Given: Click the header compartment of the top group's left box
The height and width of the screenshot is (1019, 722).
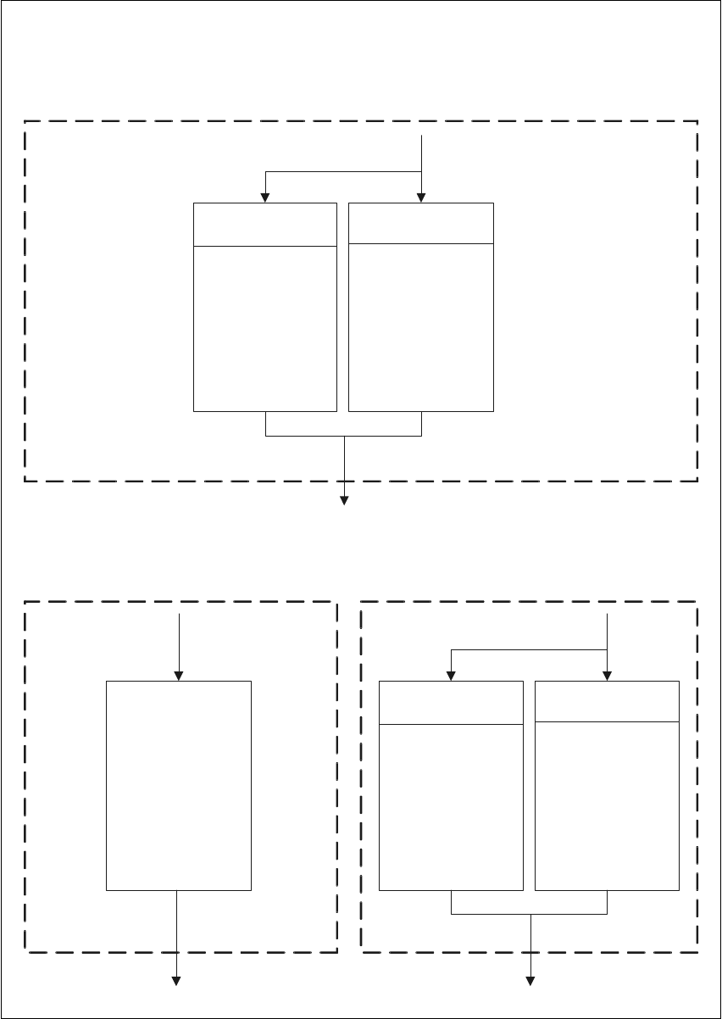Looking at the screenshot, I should pos(265,225).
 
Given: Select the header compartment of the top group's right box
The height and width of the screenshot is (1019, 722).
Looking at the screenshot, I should pos(421,223).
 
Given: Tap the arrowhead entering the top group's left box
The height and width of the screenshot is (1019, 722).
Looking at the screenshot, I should pos(266,198).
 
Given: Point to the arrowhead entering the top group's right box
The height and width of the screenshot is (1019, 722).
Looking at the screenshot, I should pos(421,198).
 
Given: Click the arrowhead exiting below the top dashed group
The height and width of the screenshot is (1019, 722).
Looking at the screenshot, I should pos(344,500).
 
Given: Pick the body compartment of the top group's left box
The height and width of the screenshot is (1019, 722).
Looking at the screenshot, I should pos(265,328).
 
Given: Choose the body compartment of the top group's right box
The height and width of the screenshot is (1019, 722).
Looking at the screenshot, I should pos(421,326).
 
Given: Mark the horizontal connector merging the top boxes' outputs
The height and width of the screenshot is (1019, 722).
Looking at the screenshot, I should pos(344,436).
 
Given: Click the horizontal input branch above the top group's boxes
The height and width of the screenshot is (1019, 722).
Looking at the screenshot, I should pos(344,172).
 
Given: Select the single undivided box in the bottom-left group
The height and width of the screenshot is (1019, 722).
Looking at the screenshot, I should pos(179,784).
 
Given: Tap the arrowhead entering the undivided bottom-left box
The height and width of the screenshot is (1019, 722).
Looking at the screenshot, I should pos(179,676).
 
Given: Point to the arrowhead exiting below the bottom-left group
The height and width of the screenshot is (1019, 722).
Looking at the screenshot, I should pos(178,981).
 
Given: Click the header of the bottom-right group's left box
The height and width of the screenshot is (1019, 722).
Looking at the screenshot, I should pos(450,702).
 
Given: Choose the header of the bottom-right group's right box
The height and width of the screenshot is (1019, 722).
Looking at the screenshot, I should pos(607,700).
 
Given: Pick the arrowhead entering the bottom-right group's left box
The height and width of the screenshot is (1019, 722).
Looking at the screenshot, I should pos(451,676).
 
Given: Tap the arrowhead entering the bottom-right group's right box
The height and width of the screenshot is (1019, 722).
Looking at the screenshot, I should pos(608,676).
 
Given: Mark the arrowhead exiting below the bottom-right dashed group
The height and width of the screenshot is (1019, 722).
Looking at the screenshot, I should pos(530,981).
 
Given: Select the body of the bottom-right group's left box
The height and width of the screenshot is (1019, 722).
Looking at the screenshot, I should pos(450,807).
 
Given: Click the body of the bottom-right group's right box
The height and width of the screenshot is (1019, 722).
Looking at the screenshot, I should pos(607,805).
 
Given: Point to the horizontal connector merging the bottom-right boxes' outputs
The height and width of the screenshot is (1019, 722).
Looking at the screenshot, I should pos(530,914).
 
